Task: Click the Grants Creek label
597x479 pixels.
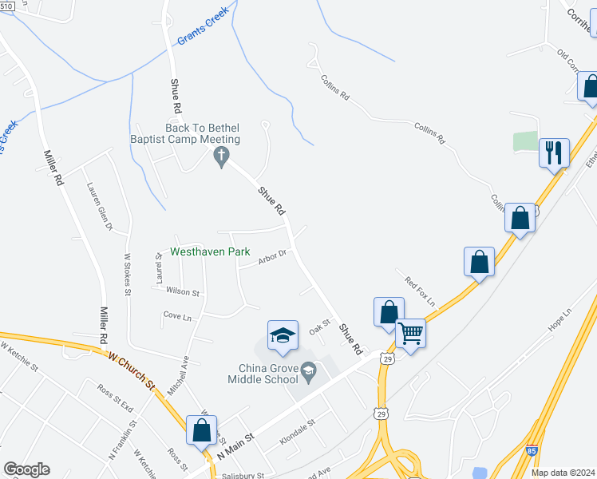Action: point(203,26)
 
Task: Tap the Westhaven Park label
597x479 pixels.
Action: point(211,251)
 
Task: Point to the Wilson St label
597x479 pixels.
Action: point(184,292)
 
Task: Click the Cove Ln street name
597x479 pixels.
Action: point(177,316)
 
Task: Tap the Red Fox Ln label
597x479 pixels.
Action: point(420,291)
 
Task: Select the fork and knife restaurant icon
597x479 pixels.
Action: point(554,151)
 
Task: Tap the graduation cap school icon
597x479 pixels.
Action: point(283,335)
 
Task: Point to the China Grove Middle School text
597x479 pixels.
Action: point(268,374)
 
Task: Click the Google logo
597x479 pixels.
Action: point(26,469)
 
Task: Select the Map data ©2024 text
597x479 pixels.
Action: point(562,473)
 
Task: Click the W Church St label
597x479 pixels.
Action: point(132,370)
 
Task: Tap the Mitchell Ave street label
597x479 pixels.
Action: point(178,376)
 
